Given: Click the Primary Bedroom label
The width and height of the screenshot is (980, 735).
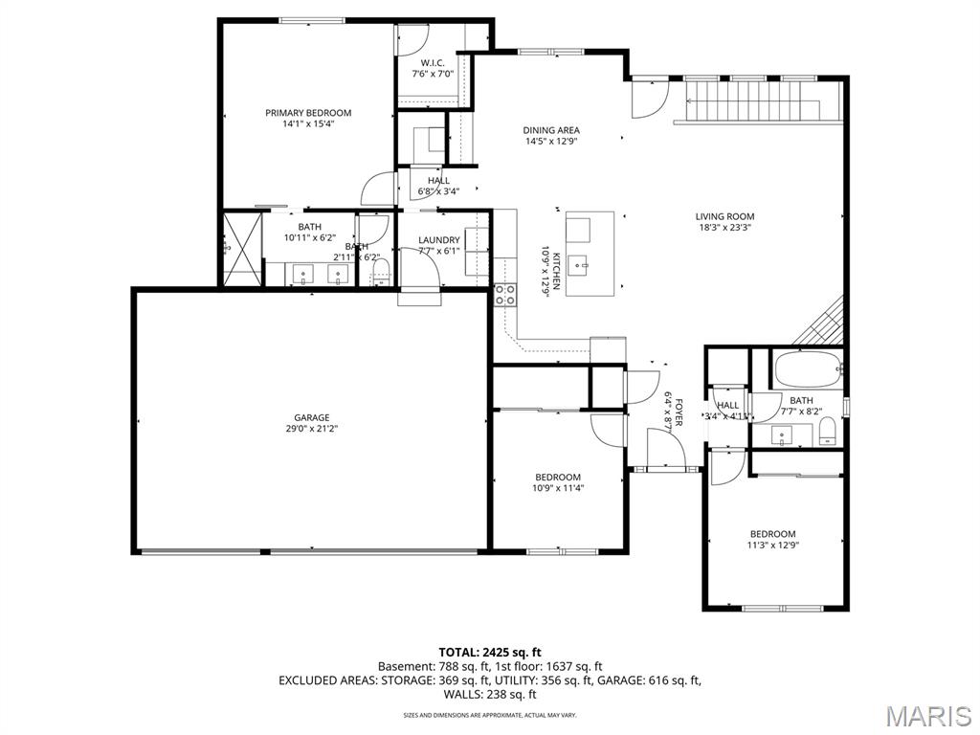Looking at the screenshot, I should pyautogui.click(x=308, y=113).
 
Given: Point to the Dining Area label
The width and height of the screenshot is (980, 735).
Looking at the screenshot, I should pyautogui.click(x=551, y=130).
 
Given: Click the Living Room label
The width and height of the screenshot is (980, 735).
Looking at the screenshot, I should pyautogui.click(x=724, y=216).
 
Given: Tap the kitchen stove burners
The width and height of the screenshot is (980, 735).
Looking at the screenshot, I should pyautogui.click(x=504, y=295).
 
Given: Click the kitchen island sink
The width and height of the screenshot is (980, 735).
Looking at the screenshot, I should pyautogui.click(x=579, y=261).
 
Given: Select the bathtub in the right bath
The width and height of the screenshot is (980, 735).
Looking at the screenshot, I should pyautogui.click(x=807, y=368).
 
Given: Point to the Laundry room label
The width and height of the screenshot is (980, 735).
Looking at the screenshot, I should pyautogui.click(x=439, y=240).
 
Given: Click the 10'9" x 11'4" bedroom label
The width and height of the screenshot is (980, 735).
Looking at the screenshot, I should pyautogui.click(x=557, y=478).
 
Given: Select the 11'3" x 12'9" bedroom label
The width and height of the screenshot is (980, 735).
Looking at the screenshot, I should pyautogui.click(x=772, y=534).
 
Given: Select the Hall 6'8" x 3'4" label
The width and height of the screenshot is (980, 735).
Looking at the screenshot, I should pyautogui.click(x=439, y=180).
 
